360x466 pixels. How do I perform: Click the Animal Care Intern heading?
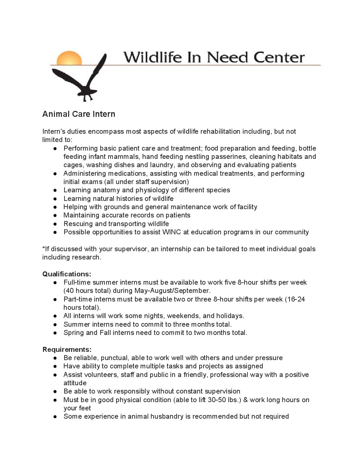click(79, 114)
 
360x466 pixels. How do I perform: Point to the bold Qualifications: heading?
click(67, 274)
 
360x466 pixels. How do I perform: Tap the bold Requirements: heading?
click(67, 349)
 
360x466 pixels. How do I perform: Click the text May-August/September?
click(172, 291)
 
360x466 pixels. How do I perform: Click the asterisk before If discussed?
click(44, 248)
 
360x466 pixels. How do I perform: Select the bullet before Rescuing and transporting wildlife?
click(55, 224)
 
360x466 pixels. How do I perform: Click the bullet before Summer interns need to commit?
click(55, 324)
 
